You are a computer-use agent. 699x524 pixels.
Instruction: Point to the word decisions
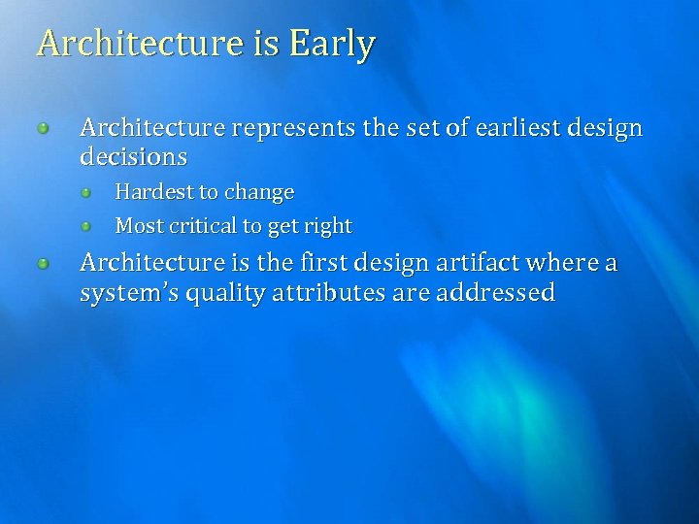coord(133,156)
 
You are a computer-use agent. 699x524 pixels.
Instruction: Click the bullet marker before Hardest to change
coord(86,192)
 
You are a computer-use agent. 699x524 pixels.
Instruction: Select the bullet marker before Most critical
coord(86,226)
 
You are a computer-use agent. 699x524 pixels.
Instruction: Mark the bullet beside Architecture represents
coord(45,128)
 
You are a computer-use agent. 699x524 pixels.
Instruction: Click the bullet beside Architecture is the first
coord(45,263)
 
